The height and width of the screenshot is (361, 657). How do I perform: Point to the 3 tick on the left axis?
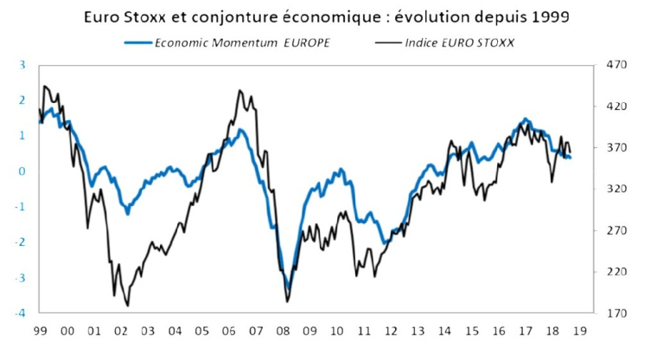tap(22, 65)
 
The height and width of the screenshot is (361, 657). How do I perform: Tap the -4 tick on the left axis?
tap(20, 313)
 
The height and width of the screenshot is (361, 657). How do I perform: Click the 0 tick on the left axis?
tap(22, 171)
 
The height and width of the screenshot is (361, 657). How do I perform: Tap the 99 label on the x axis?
tap(40, 331)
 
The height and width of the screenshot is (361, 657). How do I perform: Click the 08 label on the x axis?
tap(283, 331)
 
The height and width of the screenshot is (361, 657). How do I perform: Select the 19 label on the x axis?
tap(579, 331)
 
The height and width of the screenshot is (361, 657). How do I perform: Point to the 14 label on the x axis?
tap(444, 331)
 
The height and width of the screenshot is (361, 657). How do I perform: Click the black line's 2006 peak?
tap(239, 90)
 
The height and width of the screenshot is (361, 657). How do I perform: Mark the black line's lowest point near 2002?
tap(128, 305)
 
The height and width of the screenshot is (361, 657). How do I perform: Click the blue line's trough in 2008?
tap(288, 289)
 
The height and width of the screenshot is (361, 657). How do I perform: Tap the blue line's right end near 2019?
tap(571, 158)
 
